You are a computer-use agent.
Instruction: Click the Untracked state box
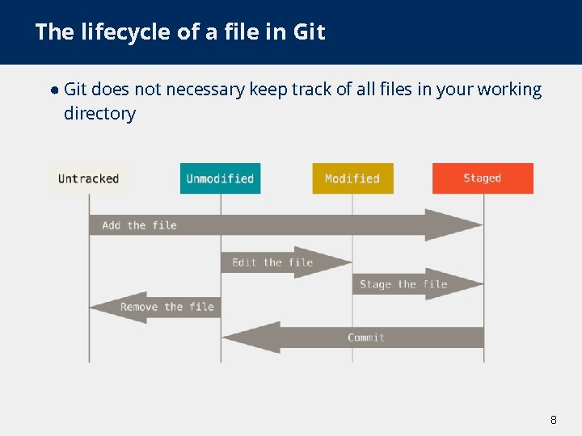88,178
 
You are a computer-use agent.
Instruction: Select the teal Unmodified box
220,178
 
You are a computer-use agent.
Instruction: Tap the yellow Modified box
352,178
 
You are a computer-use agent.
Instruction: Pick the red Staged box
483,178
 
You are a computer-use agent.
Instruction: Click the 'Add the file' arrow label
139,225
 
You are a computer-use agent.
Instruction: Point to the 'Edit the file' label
272,262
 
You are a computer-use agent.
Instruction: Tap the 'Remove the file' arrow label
167,307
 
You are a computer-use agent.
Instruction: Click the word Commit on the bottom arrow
366,337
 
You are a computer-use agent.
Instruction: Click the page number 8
554,420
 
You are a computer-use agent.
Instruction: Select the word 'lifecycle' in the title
120,32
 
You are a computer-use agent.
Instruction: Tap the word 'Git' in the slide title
310,32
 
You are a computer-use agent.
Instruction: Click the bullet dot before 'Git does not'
53,90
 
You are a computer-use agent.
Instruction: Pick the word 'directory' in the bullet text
99,114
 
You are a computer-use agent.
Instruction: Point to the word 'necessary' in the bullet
205,90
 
